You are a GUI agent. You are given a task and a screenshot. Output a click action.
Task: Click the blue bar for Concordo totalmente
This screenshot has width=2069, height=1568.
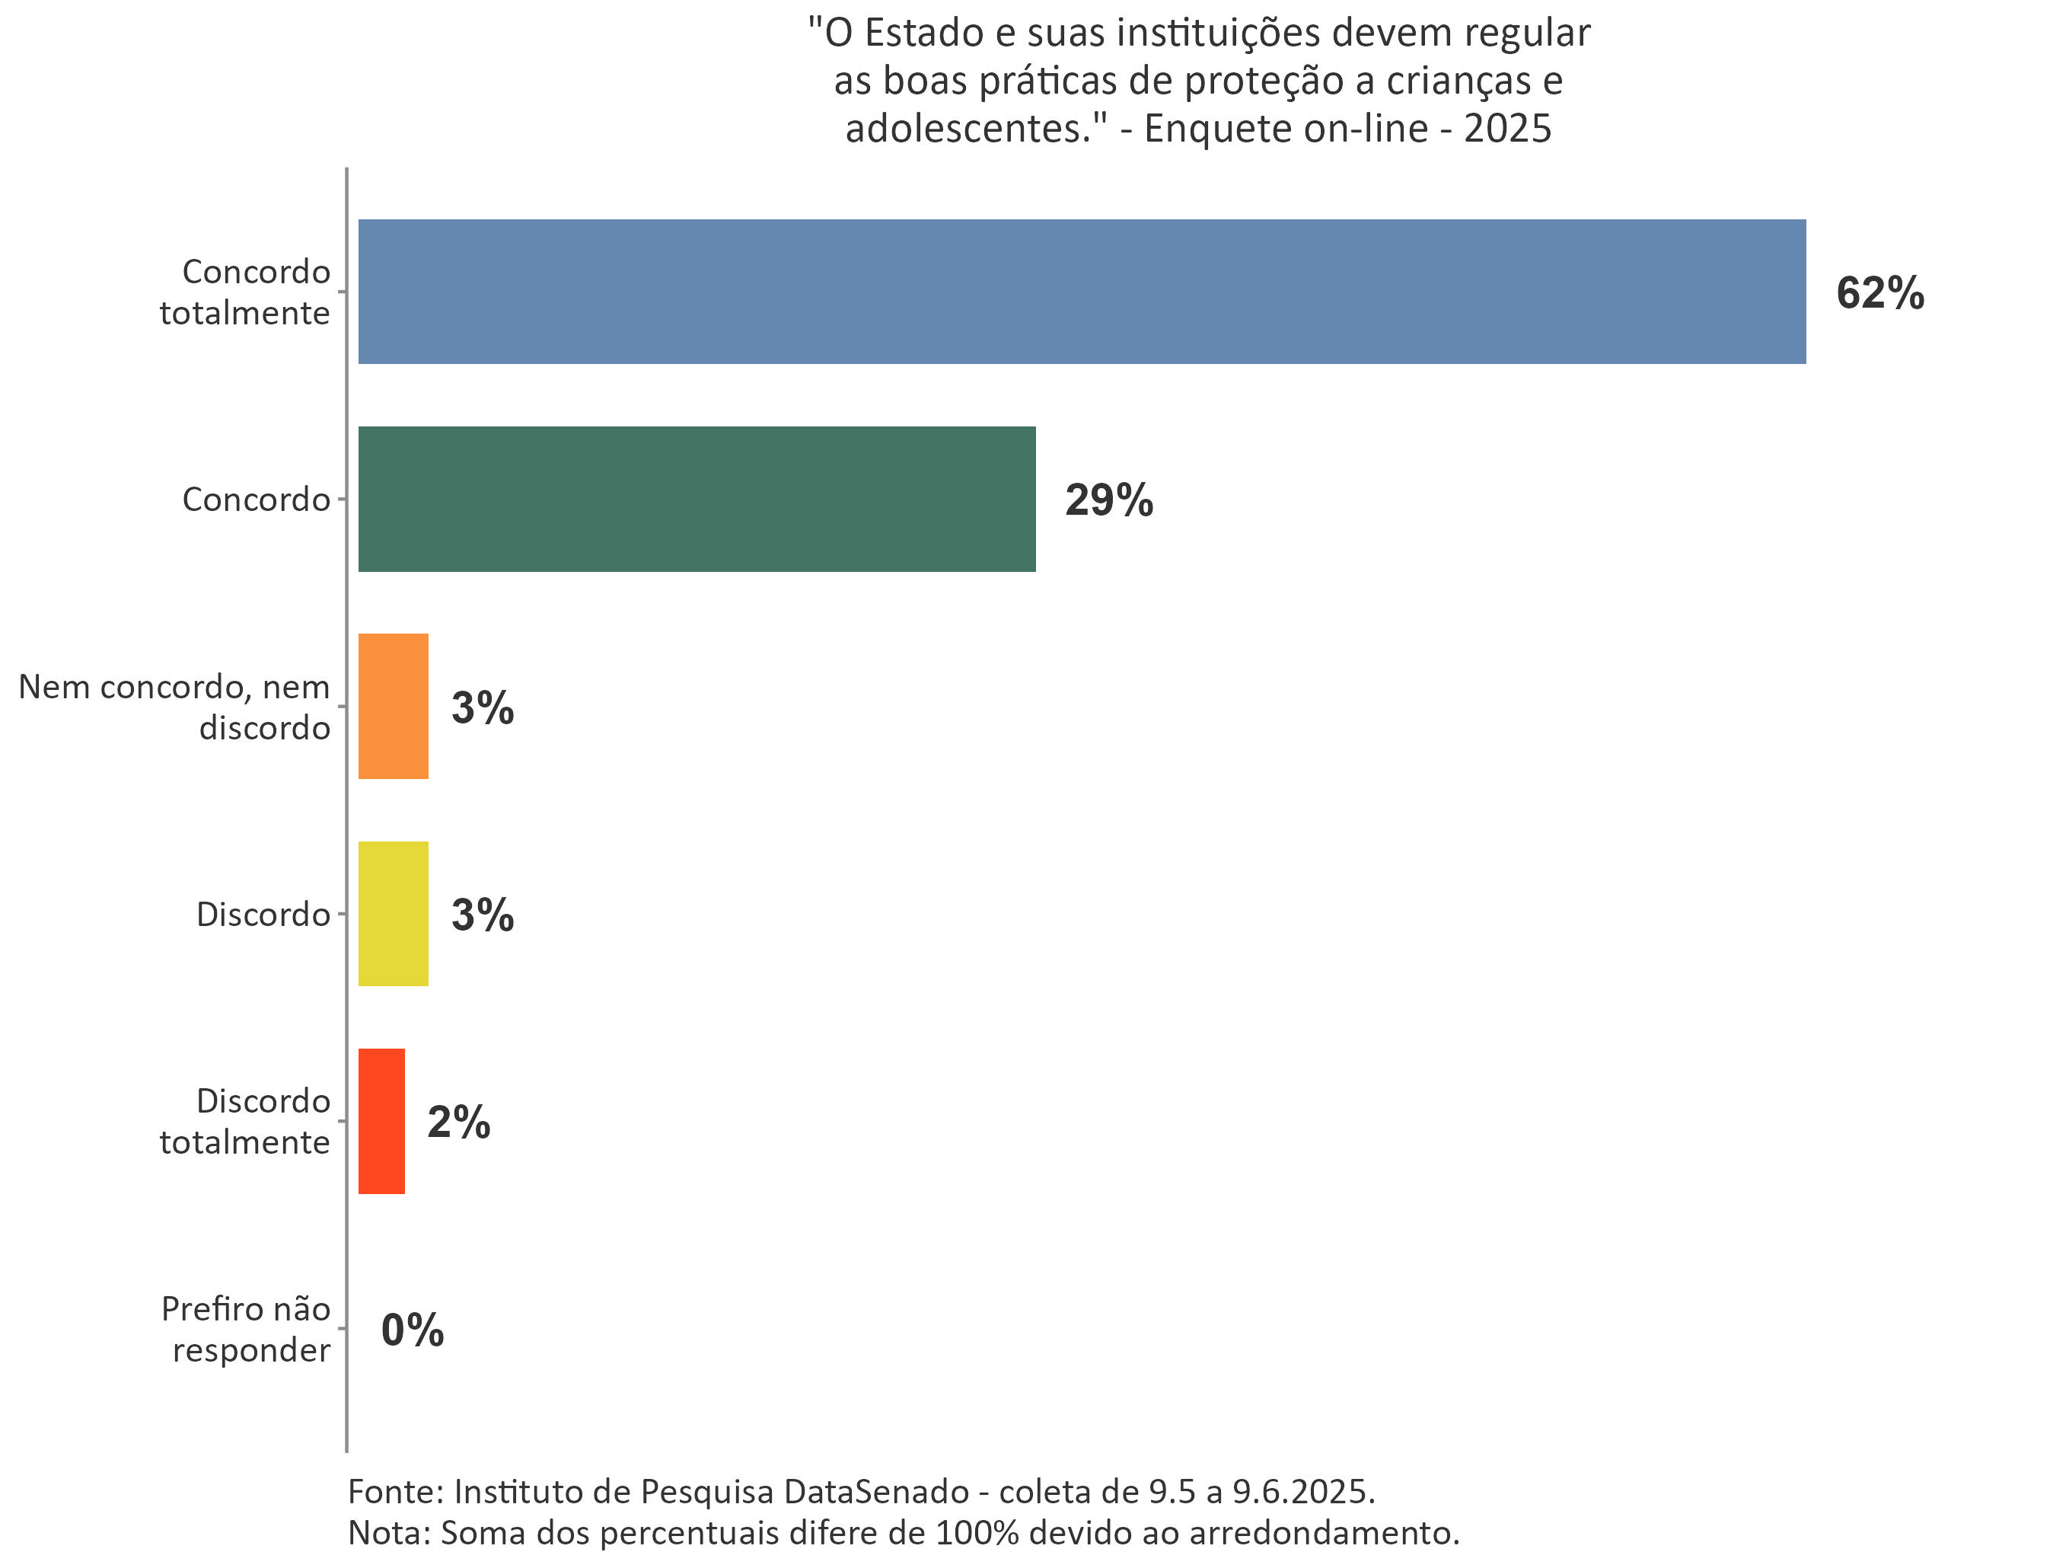tap(1081, 292)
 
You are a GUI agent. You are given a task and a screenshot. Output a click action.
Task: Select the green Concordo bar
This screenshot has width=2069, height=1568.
tap(697, 499)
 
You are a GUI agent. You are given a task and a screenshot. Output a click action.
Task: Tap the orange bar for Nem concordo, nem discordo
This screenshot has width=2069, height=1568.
tap(393, 707)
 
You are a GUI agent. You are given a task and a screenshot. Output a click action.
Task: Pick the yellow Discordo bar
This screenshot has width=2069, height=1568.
tap(393, 913)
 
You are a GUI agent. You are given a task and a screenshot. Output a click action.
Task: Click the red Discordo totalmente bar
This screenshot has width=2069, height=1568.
tap(381, 1121)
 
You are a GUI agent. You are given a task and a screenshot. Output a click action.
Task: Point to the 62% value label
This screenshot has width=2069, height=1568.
tap(1880, 293)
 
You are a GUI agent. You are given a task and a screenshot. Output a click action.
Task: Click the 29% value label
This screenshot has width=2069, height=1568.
tap(1108, 500)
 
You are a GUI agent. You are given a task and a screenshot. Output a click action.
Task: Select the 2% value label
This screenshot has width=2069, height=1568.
tap(458, 1122)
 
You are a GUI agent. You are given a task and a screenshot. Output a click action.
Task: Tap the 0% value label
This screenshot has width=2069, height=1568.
tap(413, 1330)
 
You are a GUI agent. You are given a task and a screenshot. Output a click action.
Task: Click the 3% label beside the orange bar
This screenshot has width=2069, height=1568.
tap(483, 707)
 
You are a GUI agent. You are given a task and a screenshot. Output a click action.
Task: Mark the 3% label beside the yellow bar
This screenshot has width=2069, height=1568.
tap(483, 914)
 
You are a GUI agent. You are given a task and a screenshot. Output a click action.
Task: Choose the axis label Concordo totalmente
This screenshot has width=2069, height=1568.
tap(245, 292)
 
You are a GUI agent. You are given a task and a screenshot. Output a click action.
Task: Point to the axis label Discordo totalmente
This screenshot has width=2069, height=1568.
tap(245, 1121)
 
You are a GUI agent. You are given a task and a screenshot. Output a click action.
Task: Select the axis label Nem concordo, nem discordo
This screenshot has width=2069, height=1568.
tap(175, 707)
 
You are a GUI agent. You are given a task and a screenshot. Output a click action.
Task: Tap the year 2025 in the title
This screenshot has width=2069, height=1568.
tap(1508, 128)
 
